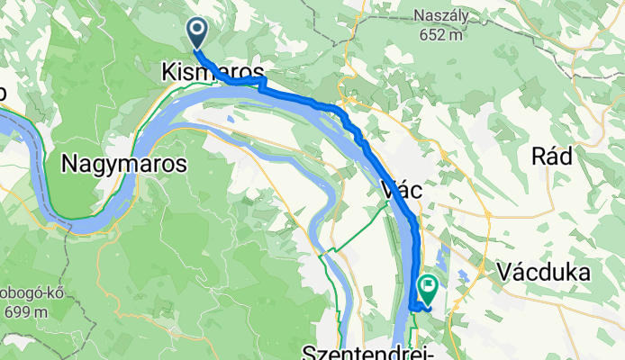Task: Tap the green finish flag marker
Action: (427, 288)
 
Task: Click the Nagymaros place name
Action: (125, 164)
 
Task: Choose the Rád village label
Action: (552, 156)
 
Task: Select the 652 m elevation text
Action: (439, 36)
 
